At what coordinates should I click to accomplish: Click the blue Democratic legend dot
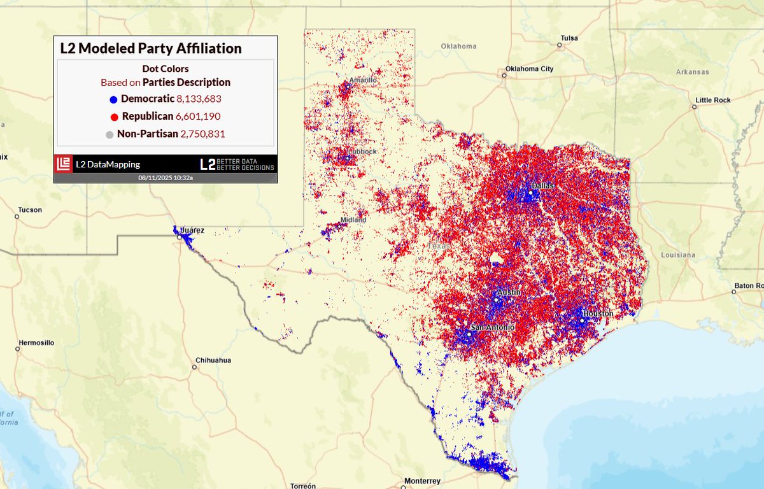(113, 99)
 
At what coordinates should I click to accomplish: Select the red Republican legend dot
(113, 117)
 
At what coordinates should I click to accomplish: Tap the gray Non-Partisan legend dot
(110, 135)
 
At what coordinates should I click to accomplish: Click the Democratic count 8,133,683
(199, 99)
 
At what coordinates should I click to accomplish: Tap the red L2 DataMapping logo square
(63, 164)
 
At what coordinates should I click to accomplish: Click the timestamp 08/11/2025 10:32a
(166, 178)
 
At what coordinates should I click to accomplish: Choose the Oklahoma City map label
(529, 69)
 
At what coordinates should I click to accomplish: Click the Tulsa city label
(569, 38)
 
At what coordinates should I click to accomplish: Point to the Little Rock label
(713, 100)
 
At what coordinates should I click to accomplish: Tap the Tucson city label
(30, 210)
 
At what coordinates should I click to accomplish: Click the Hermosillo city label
(36, 343)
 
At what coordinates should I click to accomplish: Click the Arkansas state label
(692, 72)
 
